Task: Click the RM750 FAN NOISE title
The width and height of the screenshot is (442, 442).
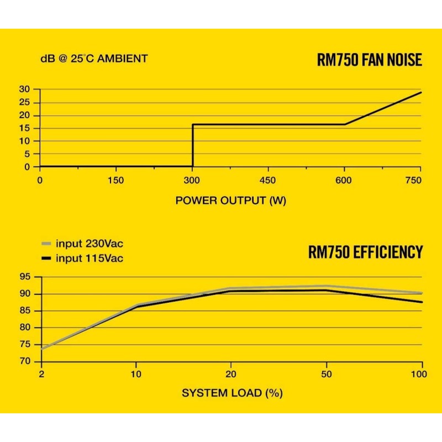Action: click(x=370, y=60)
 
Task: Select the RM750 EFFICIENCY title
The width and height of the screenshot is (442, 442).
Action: click(x=365, y=252)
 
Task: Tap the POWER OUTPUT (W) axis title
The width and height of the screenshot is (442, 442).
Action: click(x=231, y=200)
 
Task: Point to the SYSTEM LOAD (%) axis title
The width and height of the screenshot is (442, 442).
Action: click(x=232, y=393)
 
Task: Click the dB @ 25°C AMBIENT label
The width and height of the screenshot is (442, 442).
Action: click(x=94, y=58)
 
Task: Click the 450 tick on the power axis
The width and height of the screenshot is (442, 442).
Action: click(x=268, y=180)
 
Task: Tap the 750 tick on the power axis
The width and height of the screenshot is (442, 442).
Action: click(x=413, y=180)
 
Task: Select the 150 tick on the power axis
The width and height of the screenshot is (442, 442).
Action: click(x=116, y=180)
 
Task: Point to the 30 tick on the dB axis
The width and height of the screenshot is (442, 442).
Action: click(x=24, y=89)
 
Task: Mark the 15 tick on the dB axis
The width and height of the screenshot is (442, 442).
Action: click(x=24, y=128)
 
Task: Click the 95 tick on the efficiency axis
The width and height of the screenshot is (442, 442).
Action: click(x=24, y=277)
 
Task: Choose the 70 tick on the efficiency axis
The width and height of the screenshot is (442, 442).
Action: click(x=24, y=361)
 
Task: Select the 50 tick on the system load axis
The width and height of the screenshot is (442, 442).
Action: click(x=327, y=375)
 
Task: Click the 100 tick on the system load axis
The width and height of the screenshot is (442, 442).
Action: click(x=419, y=375)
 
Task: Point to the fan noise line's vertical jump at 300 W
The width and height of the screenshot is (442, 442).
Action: click(x=192, y=145)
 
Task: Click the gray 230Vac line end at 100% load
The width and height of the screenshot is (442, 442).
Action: click(x=422, y=293)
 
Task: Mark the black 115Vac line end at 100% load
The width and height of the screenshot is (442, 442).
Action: click(x=422, y=302)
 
